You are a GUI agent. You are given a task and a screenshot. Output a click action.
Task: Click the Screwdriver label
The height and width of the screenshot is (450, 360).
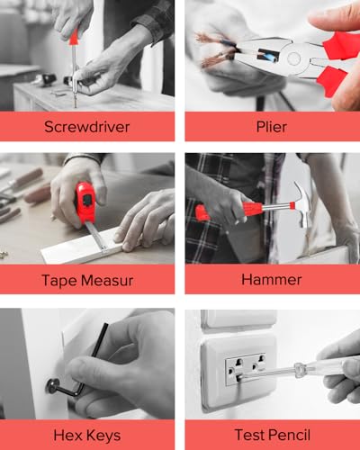coord(87,126)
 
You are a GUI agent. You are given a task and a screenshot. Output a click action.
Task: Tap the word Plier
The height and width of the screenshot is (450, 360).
coord(271,126)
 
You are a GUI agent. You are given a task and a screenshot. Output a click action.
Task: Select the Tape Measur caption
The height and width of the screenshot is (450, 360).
coord(87,280)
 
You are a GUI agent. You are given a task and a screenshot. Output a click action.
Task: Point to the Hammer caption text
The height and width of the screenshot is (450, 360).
coord(271,280)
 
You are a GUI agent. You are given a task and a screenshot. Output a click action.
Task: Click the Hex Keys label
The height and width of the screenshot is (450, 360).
coord(87,435)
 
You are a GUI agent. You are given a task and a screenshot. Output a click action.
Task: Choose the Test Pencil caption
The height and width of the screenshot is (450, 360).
coord(271,435)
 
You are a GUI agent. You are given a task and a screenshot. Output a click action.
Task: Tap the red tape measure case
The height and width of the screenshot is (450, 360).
coord(84,201)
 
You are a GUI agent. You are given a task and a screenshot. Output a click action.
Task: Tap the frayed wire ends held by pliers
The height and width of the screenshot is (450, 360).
coord(214,49)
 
